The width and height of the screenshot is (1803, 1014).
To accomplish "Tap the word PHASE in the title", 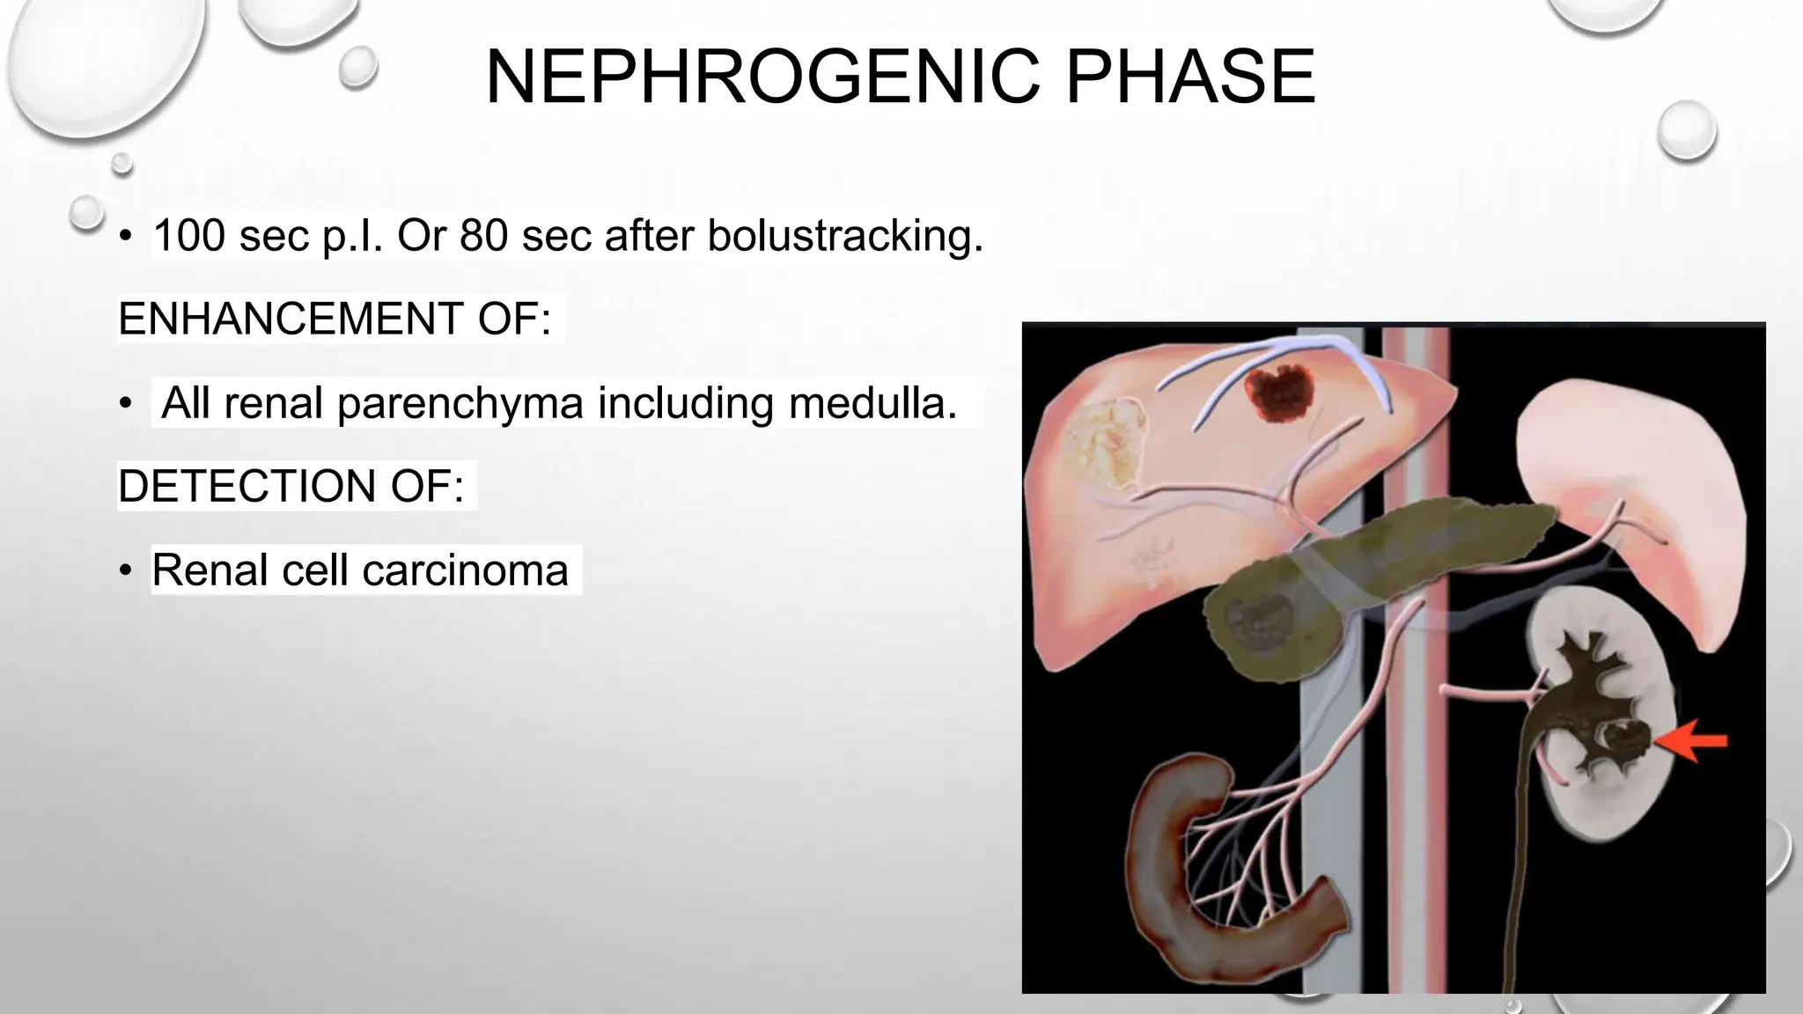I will pyautogui.click(x=1189, y=77).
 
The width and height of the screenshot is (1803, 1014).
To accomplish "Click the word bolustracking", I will pyautogui.click(x=845, y=236).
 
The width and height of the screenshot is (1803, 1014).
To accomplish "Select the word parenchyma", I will pyautogui.click(x=460, y=403).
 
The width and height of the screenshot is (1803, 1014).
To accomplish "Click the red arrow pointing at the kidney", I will pyautogui.click(x=1691, y=741).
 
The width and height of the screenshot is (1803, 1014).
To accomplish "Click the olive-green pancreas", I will pyautogui.click(x=1373, y=572).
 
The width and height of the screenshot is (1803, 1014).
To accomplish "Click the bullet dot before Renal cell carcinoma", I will pyautogui.click(x=126, y=571).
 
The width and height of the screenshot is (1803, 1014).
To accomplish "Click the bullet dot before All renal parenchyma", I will pyautogui.click(x=126, y=404).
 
